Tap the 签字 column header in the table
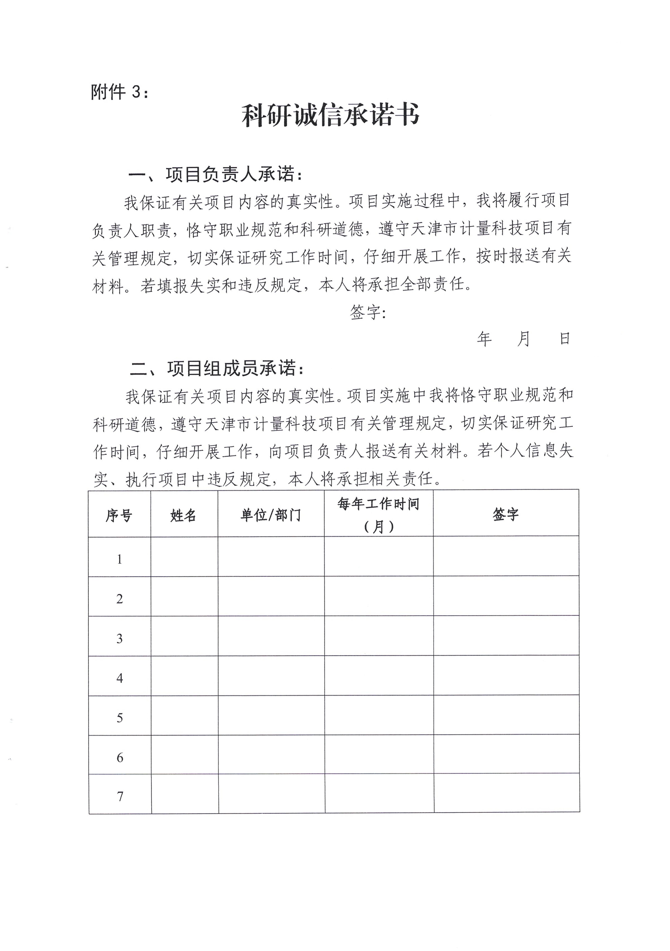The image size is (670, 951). pos(506,514)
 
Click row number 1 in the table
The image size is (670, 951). pos(119,559)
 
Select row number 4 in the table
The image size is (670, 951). pos(119,678)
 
